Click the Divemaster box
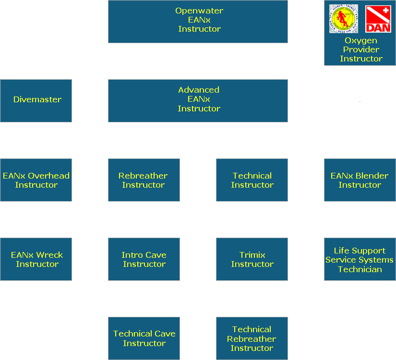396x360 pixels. tap(36, 100)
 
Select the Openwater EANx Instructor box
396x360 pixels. tap(198, 21)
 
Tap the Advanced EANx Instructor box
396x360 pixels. tap(198, 100)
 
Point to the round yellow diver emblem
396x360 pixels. tap(344, 19)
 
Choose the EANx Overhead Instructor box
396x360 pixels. tap(36, 180)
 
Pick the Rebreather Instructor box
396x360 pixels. tap(144, 180)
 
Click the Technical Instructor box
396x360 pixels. tap(252, 180)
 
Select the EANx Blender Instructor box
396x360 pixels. tap(360, 180)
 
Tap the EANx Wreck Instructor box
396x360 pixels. tap(36, 259)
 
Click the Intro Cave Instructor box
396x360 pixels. tap(144, 259)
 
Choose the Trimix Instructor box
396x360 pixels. tap(252, 259)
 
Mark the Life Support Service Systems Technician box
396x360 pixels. tap(360, 259)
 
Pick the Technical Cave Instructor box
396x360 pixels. tap(144, 338)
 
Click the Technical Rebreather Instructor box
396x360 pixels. tap(252, 338)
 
